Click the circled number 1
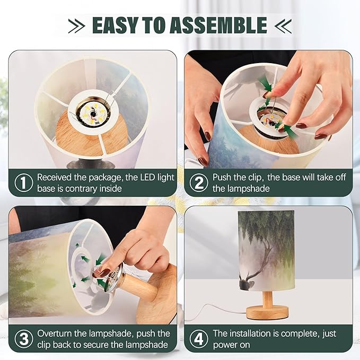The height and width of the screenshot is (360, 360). click(24, 182)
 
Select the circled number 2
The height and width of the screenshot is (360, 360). click(199, 182)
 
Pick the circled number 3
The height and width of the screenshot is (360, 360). click(24, 339)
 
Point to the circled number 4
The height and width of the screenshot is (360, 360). click(199, 339)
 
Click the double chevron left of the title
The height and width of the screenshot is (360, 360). click(76, 25)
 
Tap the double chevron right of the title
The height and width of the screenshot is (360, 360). click(283, 25)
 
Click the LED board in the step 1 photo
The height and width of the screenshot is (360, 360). click(93, 112)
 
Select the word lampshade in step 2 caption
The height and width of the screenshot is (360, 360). click(241, 189)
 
